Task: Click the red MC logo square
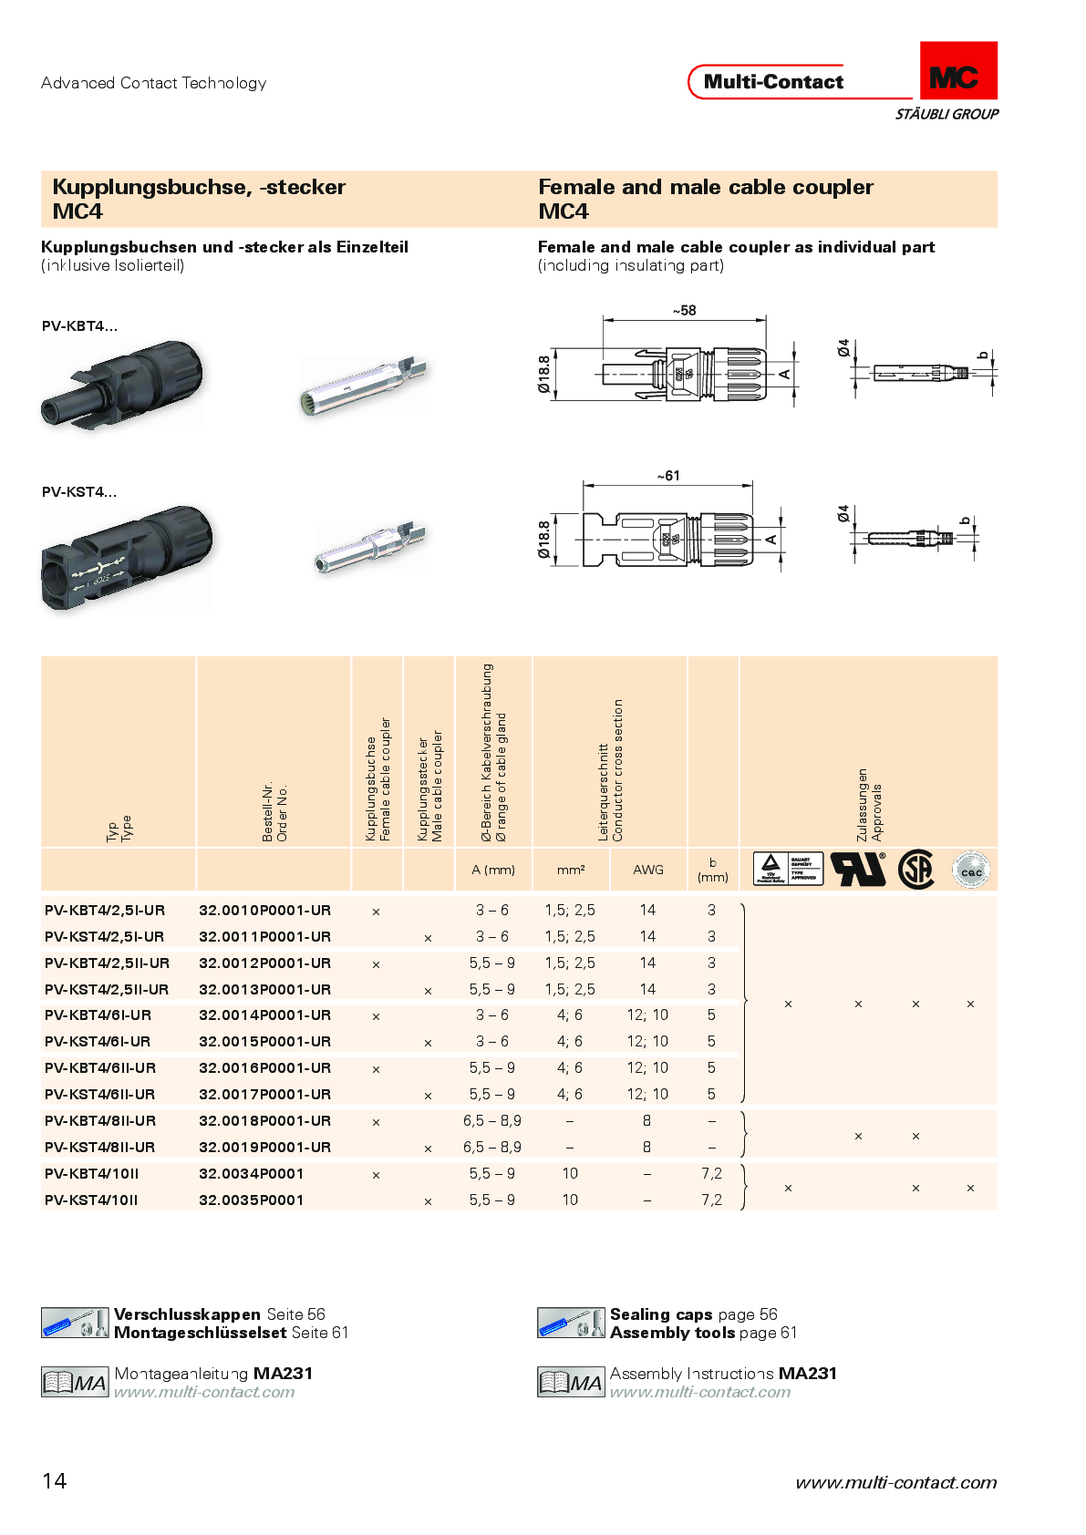point(957,71)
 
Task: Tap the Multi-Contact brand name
point(773,82)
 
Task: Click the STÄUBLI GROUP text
point(946,114)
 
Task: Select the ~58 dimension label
point(684,311)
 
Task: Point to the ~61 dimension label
point(668,476)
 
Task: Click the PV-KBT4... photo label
point(79,326)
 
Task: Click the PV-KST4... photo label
point(79,492)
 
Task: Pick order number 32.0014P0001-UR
point(264,1015)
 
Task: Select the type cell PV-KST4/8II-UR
point(99,1147)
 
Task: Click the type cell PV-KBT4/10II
point(91,1173)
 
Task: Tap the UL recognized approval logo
point(858,870)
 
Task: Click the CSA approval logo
point(915,870)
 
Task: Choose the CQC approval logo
point(970,871)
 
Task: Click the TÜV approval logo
point(788,869)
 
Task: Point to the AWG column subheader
point(648,870)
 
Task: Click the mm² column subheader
point(571,870)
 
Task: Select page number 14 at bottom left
point(55,1480)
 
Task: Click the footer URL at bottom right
point(895,1483)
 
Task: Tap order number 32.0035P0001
point(251,1200)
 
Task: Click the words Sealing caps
point(661,1314)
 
